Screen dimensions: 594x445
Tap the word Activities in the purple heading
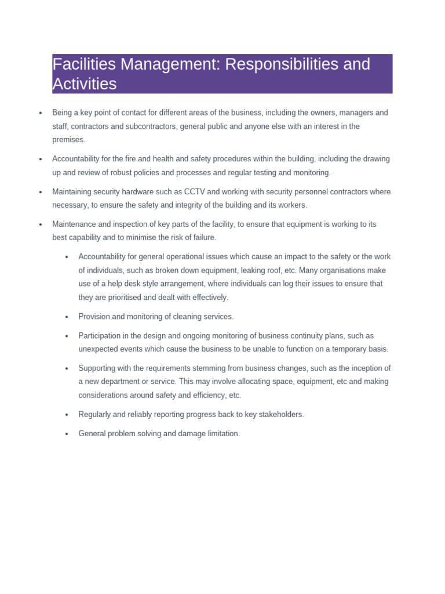[x=85, y=84]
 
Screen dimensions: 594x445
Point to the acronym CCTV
[x=200, y=191]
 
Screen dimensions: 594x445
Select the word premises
[x=68, y=139]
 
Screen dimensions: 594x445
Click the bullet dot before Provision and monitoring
[x=67, y=317]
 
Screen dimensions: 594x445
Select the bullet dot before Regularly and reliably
[x=67, y=415]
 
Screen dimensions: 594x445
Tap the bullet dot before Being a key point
[x=41, y=113]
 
